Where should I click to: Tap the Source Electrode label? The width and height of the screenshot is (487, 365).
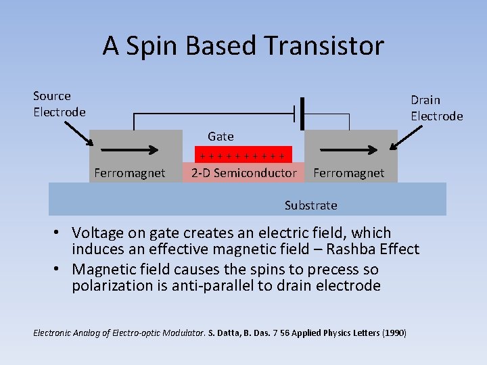60,104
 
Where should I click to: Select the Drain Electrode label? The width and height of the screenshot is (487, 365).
436,108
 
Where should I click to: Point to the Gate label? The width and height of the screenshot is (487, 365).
221,137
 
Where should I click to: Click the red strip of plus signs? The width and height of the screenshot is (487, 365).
243,155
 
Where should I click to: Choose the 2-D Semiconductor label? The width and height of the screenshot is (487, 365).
243,173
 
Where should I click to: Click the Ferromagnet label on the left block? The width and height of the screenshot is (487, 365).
129,173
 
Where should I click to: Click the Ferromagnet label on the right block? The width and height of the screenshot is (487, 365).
348,173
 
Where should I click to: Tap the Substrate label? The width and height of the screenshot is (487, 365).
310,205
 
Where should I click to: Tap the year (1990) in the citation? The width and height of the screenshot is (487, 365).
394,333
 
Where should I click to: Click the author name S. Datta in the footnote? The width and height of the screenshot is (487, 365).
225,333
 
